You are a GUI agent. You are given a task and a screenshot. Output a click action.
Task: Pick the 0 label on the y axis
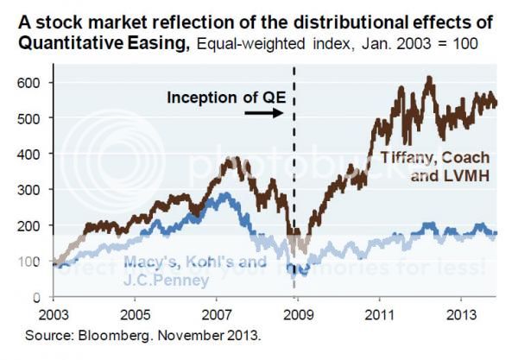[40, 297]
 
